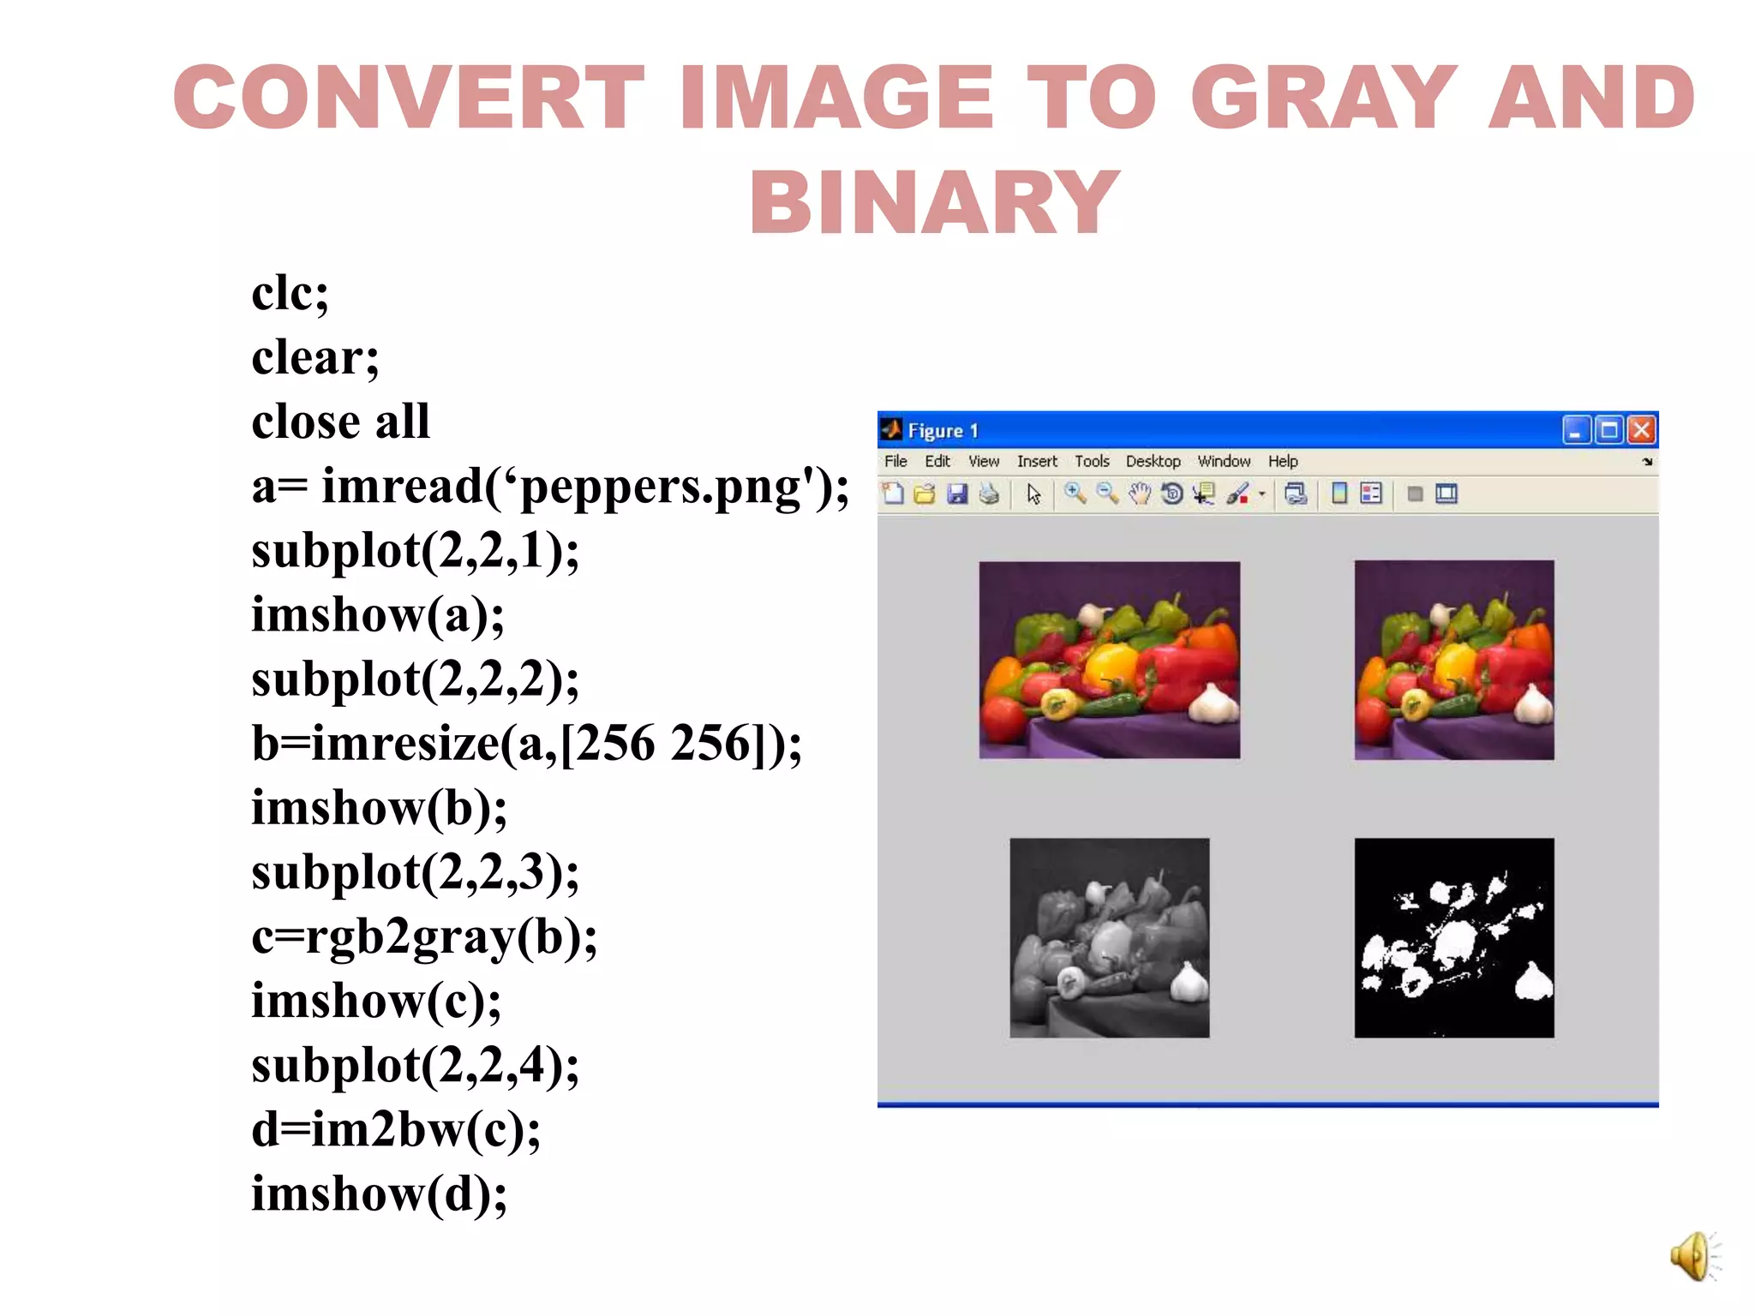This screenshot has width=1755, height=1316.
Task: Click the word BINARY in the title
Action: [935, 202]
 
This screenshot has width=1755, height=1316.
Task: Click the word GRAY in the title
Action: [1324, 98]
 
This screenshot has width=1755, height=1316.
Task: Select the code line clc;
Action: [290, 293]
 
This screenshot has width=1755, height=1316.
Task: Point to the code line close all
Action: [340, 422]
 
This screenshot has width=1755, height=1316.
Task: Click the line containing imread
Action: [549, 487]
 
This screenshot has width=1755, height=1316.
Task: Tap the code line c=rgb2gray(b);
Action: [424, 936]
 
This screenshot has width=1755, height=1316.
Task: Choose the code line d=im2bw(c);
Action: [396, 1129]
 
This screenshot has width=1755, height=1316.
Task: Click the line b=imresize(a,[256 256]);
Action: [526, 743]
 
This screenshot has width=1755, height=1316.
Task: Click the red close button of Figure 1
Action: [1641, 429]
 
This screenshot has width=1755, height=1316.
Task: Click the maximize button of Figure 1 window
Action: [1609, 429]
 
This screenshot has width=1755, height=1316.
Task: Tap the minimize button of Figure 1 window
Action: [1576, 429]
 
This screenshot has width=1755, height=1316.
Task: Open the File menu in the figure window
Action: [895, 461]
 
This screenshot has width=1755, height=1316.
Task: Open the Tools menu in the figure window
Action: [1092, 461]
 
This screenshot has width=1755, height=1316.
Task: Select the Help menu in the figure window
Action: [1283, 461]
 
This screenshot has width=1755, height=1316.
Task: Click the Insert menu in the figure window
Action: [1037, 461]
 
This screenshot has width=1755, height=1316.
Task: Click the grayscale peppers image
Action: [1110, 937]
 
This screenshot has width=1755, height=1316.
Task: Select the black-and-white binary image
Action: [1453, 937]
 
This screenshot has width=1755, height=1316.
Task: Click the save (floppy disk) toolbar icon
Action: [957, 493]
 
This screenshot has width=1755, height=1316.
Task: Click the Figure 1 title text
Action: [943, 430]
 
